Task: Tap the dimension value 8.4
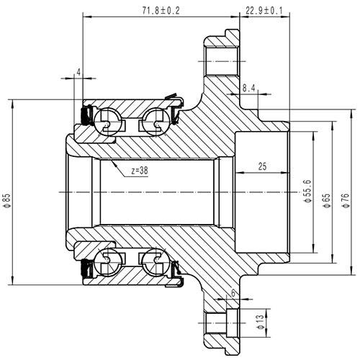click(x=249, y=88)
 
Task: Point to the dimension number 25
click(x=261, y=166)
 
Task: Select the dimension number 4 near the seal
click(x=77, y=73)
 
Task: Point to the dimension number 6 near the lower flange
click(x=233, y=292)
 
